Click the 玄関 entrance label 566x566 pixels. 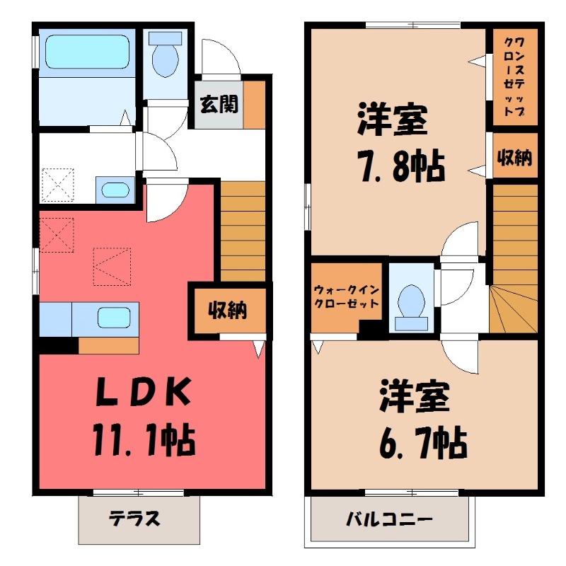click(218, 105)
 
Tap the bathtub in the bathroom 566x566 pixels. click(86, 50)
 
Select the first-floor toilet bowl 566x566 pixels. click(166, 56)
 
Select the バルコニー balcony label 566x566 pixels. click(388, 520)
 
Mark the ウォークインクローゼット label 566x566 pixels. click(346, 295)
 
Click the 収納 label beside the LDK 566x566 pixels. click(227, 310)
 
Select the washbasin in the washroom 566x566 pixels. click(113, 190)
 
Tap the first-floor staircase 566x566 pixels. click(242, 230)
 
